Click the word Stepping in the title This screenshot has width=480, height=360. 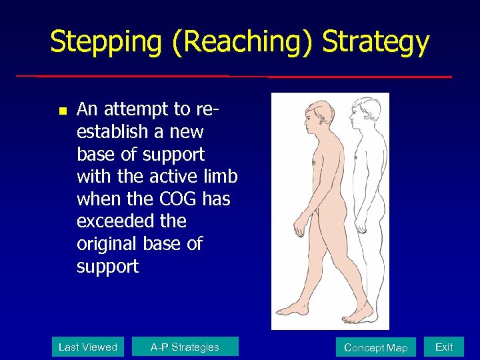coord(106,42)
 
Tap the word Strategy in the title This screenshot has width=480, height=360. coord(376,42)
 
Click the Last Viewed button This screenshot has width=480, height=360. coord(88,347)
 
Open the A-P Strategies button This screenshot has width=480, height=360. coord(185,347)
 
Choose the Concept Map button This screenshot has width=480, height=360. coord(376,347)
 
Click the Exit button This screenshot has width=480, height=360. coord(444,347)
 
